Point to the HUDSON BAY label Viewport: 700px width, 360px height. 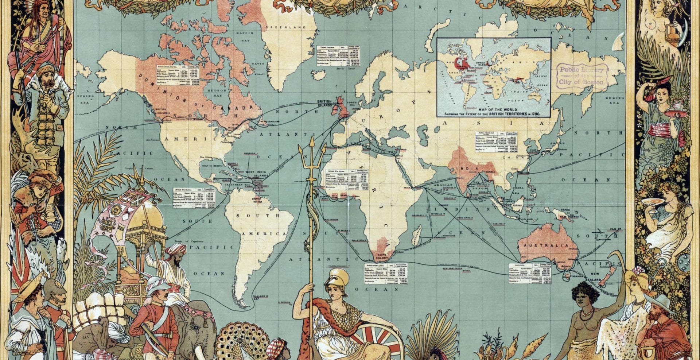(x=214, y=92)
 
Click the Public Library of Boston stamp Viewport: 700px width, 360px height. (x=584, y=76)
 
